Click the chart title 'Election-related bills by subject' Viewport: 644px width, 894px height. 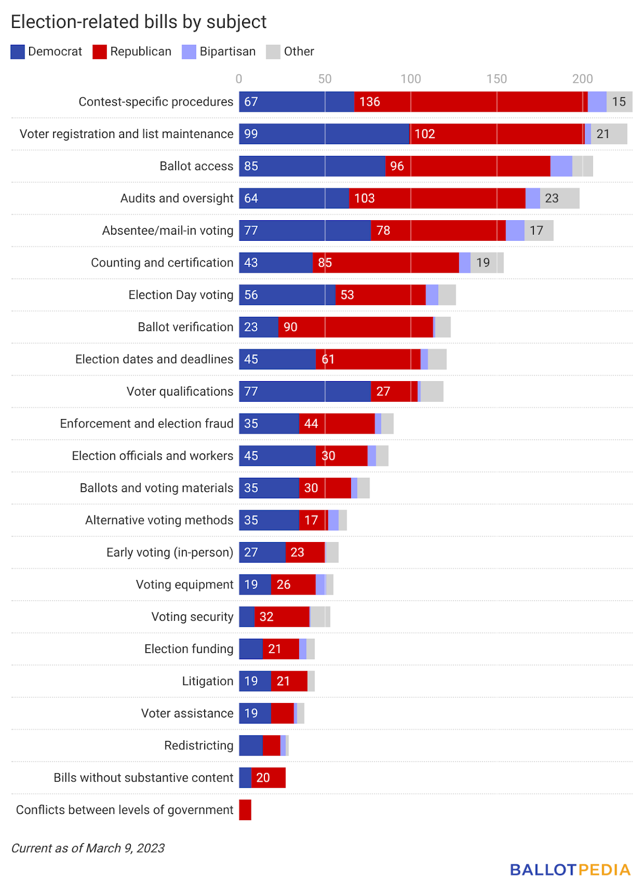(x=139, y=22)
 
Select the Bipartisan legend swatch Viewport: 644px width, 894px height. (x=189, y=52)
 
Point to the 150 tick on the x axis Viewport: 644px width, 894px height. (x=496, y=79)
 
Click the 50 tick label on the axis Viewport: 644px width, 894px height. (x=325, y=79)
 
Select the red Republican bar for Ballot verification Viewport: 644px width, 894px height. (x=356, y=327)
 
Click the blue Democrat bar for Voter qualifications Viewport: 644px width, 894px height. (x=305, y=391)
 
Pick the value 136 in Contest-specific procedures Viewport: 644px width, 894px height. (x=370, y=102)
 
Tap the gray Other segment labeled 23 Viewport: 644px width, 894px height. (x=560, y=198)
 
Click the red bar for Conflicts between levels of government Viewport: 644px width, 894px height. (x=245, y=810)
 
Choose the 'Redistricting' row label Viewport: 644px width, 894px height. (x=198, y=745)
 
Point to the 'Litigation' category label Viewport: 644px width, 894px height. (x=207, y=681)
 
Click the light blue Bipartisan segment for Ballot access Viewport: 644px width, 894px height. (x=561, y=166)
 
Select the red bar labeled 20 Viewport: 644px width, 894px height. (x=268, y=778)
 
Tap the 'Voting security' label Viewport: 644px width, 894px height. (x=192, y=617)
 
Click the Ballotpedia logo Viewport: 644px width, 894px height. (x=570, y=870)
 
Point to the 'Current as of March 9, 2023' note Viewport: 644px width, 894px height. (x=88, y=848)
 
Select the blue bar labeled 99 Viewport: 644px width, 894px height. (x=324, y=134)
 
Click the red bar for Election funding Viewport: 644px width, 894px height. (x=281, y=649)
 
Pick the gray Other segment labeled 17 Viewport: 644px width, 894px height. (x=539, y=230)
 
